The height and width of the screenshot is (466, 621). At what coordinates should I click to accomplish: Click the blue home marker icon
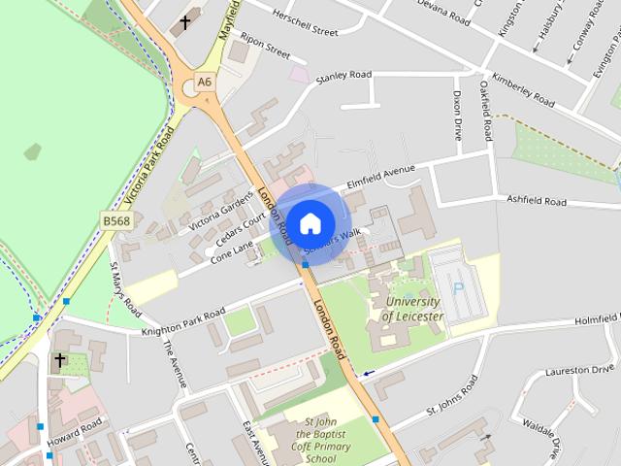coord(310,223)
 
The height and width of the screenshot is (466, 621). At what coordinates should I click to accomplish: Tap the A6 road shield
coord(204,83)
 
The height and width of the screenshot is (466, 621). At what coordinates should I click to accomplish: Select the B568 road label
coord(116,222)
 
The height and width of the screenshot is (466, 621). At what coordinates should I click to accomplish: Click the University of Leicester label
coord(413,310)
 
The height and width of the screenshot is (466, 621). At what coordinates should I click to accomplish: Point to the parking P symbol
coord(457,287)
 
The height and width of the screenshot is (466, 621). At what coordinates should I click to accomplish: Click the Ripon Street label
coord(265,48)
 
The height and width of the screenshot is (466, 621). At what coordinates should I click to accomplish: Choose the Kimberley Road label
coord(522,88)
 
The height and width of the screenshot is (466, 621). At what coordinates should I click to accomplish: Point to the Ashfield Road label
coord(537,201)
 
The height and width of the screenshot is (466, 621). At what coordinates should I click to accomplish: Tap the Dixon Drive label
coord(457,116)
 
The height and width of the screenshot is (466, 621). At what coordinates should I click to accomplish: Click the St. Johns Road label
coord(452,400)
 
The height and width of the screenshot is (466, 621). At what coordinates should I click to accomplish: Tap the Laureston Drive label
coord(580,370)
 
